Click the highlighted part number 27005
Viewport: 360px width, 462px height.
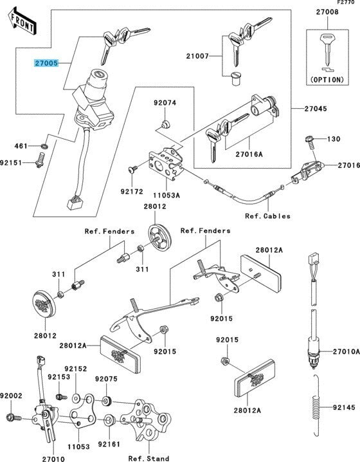tap(46, 63)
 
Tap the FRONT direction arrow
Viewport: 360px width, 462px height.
tap(22, 21)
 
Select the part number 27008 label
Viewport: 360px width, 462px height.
tap(327, 12)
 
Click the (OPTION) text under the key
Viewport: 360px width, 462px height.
tap(327, 80)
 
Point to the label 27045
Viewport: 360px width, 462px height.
tap(316, 109)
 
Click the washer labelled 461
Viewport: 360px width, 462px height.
tap(44, 146)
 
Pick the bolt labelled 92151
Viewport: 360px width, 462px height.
tap(40, 160)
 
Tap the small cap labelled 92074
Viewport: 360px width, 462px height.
tap(165, 124)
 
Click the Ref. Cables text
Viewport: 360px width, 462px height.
tap(267, 216)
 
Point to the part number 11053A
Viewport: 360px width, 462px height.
tap(166, 195)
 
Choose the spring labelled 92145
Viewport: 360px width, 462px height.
tap(316, 406)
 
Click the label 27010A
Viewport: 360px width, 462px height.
tap(346, 351)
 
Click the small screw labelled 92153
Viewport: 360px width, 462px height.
tap(62, 397)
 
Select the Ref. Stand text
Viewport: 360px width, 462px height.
tap(148, 458)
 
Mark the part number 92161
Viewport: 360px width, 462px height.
tap(109, 444)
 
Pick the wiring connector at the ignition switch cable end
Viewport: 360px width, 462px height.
tap(75, 203)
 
